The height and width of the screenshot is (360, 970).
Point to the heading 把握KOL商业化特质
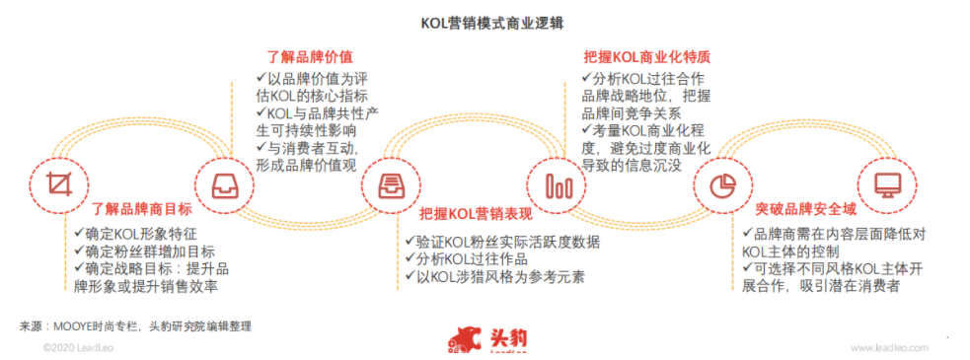click(x=646, y=57)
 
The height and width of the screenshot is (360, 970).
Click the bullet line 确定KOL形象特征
click(x=139, y=234)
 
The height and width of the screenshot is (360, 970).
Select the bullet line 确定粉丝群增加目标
click(x=147, y=252)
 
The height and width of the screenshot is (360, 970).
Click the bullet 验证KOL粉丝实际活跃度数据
click(x=503, y=241)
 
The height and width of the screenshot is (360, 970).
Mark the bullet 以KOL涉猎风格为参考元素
click(x=495, y=276)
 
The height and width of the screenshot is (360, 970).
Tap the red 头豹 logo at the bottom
click(x=487, y=338)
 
